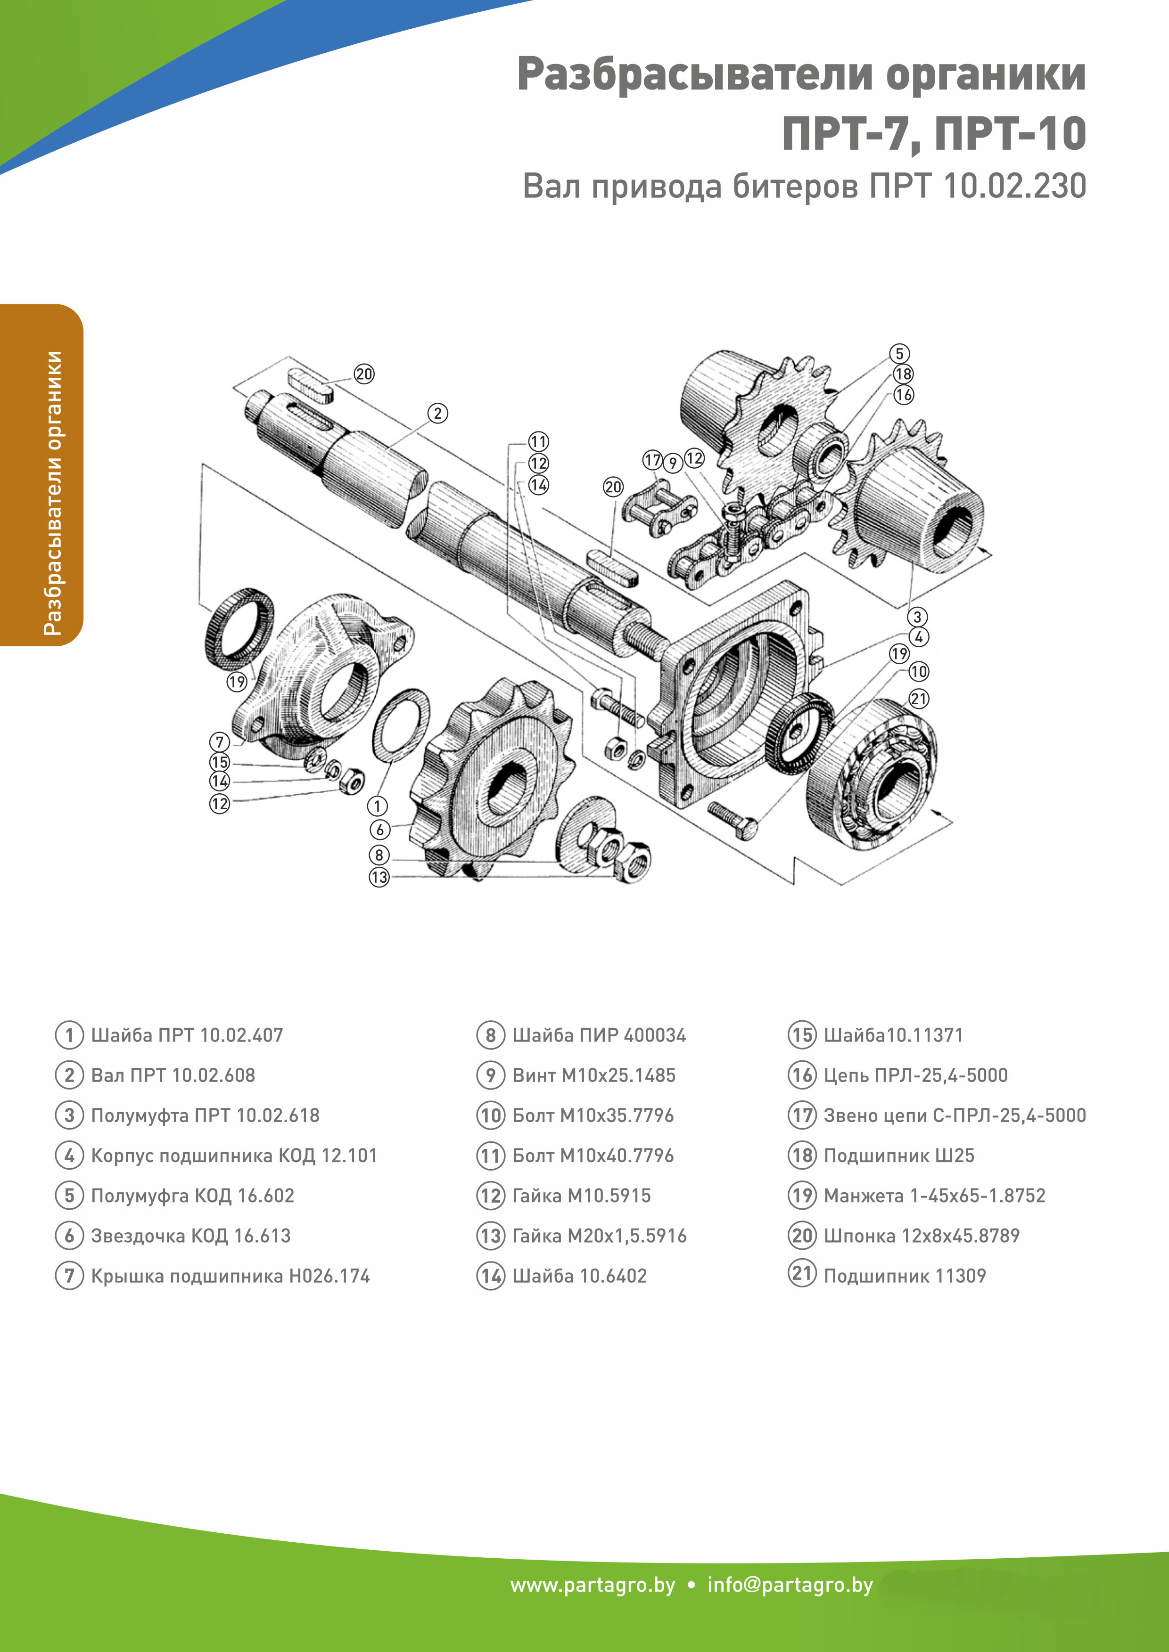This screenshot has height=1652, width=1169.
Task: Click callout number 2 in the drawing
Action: click(437, 413)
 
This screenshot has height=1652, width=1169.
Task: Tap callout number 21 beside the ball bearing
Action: click(919, 698)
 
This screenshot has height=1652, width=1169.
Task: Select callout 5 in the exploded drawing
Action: click(899, 353)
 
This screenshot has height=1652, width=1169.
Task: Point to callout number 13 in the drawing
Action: click(379, 877)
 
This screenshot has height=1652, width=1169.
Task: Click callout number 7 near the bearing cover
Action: click(220, 742)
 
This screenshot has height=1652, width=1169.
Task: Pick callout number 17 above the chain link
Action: click(652, 460)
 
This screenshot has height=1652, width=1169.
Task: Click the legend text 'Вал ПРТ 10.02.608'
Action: click(173, 1075)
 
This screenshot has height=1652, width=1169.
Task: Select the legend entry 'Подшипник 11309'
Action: click(904, 1276)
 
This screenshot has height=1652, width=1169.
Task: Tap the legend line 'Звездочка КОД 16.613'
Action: click(191, 1236)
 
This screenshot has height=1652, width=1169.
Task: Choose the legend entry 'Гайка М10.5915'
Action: click(581, 1195)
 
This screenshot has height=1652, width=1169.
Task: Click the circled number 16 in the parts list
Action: click(802, 1075)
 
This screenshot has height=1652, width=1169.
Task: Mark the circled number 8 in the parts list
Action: click(490, 1034)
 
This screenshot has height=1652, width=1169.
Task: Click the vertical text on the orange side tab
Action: click(52, 493)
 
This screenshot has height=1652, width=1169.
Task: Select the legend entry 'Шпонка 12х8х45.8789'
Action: click(922, 1236)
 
